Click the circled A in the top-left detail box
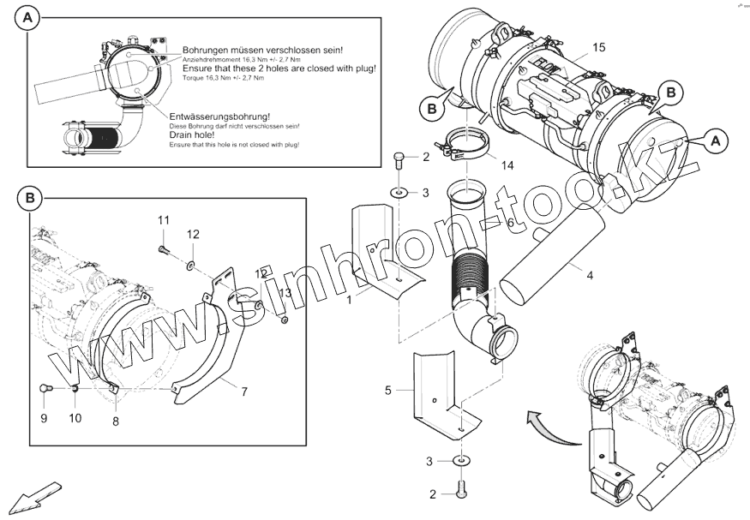[x=29, y=19]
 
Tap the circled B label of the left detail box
[x=29, y=199]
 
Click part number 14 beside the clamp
[x=507, y=165]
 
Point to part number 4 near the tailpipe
[x=589, y=275]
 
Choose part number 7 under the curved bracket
[x=244, y=391]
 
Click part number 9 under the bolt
[x=44, y=419]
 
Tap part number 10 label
[x=75, y=419]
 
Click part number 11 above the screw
[x=164, y=222]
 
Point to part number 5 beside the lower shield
[x=387, y=391]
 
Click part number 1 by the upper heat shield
[x=349, y=301]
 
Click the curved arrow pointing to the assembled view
[x=539, y=420]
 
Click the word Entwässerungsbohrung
[x=219, y=115]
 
